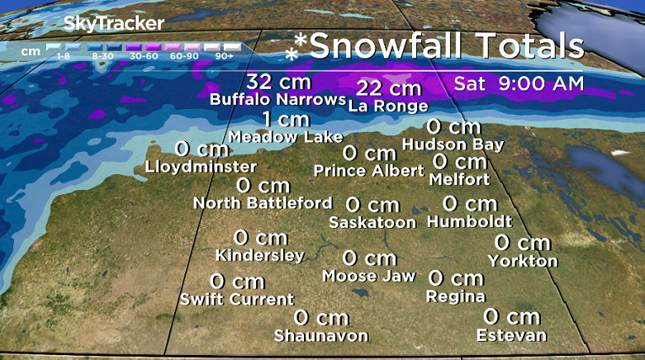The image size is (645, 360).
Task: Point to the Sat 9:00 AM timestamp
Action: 519,83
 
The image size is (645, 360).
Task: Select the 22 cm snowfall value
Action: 388,88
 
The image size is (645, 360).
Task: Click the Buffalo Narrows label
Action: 277,100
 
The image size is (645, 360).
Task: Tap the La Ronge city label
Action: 388,106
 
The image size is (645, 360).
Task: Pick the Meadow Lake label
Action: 285,136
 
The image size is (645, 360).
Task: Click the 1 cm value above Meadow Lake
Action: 286,119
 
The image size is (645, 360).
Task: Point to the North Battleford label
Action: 263,202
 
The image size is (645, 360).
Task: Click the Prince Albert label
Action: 368,171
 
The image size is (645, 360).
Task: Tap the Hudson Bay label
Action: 453,144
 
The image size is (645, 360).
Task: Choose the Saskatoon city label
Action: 372,222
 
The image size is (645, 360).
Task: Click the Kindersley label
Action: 259,255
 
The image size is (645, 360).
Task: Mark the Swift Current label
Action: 237,299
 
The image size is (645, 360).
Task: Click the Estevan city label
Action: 511,334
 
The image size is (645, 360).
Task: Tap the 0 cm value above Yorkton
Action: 522,243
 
